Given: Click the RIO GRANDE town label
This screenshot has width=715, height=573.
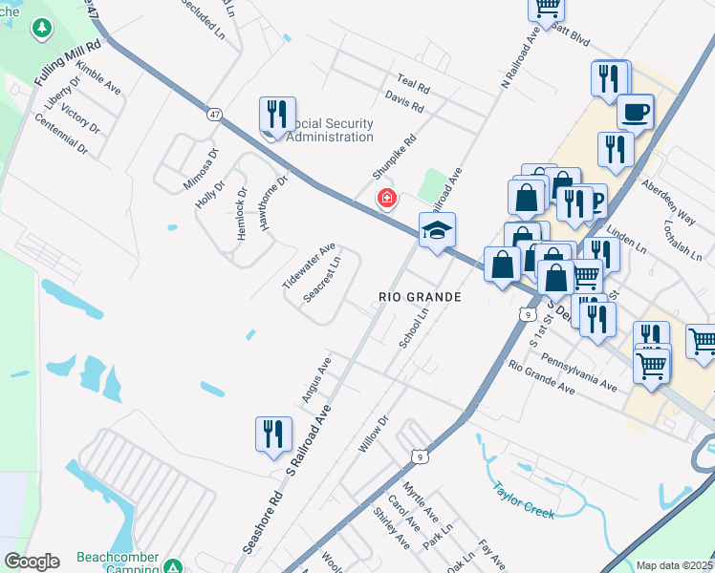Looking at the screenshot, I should point(420,297).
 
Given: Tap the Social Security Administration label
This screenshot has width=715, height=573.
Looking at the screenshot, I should point(330,130).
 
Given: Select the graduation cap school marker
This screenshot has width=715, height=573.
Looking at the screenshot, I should point(437,230).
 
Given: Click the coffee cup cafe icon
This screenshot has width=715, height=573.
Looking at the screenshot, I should point(636,112).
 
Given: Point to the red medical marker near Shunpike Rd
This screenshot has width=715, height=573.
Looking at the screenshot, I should point(386,200).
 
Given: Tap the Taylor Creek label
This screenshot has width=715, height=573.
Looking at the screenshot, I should point(523,499).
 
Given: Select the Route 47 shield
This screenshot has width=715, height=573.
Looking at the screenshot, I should point(213,115).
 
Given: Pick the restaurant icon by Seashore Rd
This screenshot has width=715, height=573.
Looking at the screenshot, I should point(273,434).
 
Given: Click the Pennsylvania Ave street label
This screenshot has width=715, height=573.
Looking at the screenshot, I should point(577,370).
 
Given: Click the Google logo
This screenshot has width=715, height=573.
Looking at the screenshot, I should point(32,562).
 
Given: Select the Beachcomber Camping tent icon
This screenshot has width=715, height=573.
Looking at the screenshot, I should point(172,565).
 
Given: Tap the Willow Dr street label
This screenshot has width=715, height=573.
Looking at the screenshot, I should point(373,435).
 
